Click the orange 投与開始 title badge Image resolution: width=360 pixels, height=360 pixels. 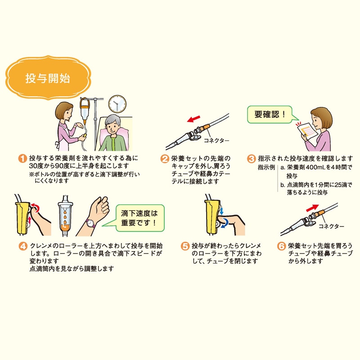pyautogui.click(x=48, y=77)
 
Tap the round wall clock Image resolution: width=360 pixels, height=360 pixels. pyautogui.click(x=117, y=104)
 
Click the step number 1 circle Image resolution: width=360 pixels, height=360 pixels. pyautogui.click(x=22, y=158)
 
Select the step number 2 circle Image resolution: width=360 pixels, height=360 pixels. pyautogui.click(x=165, y=159)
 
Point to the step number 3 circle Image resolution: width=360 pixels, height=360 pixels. pyautogui.click(x=252, y=159)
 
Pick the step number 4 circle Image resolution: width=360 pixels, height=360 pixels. pyautogui.click(x=23, y=246)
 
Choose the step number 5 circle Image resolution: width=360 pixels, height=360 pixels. pyautogui.click(x=185, y=246)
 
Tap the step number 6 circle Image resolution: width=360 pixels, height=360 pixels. pyautogui.click(x=282, y=246)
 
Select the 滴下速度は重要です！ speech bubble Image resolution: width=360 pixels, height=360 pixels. pyautogui.click(x=139, y=218)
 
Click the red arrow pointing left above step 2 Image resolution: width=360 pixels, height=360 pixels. pyautogui.click(x=193, y=119)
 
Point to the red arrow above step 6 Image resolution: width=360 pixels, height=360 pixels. pyautogui.click(x=312, y=208)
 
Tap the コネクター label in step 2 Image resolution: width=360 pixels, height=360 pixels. pyautogui.click(x=216, y=140)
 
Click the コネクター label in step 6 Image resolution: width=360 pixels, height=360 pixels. pyautogui.click(x=331, y=226)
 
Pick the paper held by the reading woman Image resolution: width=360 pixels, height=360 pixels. pyautogui.click(x=308, y=131)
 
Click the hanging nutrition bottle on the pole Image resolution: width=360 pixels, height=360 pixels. pyautogui.click(x=84, y=111)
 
